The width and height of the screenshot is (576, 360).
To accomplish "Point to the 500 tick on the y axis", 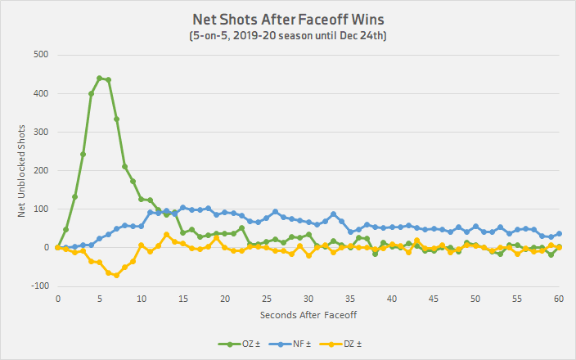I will [40, 55].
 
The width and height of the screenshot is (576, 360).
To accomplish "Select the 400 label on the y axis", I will [40, 93].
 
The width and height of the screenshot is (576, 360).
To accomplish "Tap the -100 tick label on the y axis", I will [38, 286].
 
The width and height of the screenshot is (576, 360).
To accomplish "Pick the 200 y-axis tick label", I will [40, 170].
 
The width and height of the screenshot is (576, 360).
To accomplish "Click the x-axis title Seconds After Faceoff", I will [308, 315].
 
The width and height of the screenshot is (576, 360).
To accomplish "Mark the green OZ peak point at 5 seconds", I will [100, 79].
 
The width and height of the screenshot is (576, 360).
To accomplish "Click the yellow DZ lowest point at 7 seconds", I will [116, 275].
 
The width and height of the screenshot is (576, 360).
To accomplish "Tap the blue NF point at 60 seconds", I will [559, 234].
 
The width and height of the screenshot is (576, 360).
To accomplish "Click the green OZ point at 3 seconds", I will [83, 154].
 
